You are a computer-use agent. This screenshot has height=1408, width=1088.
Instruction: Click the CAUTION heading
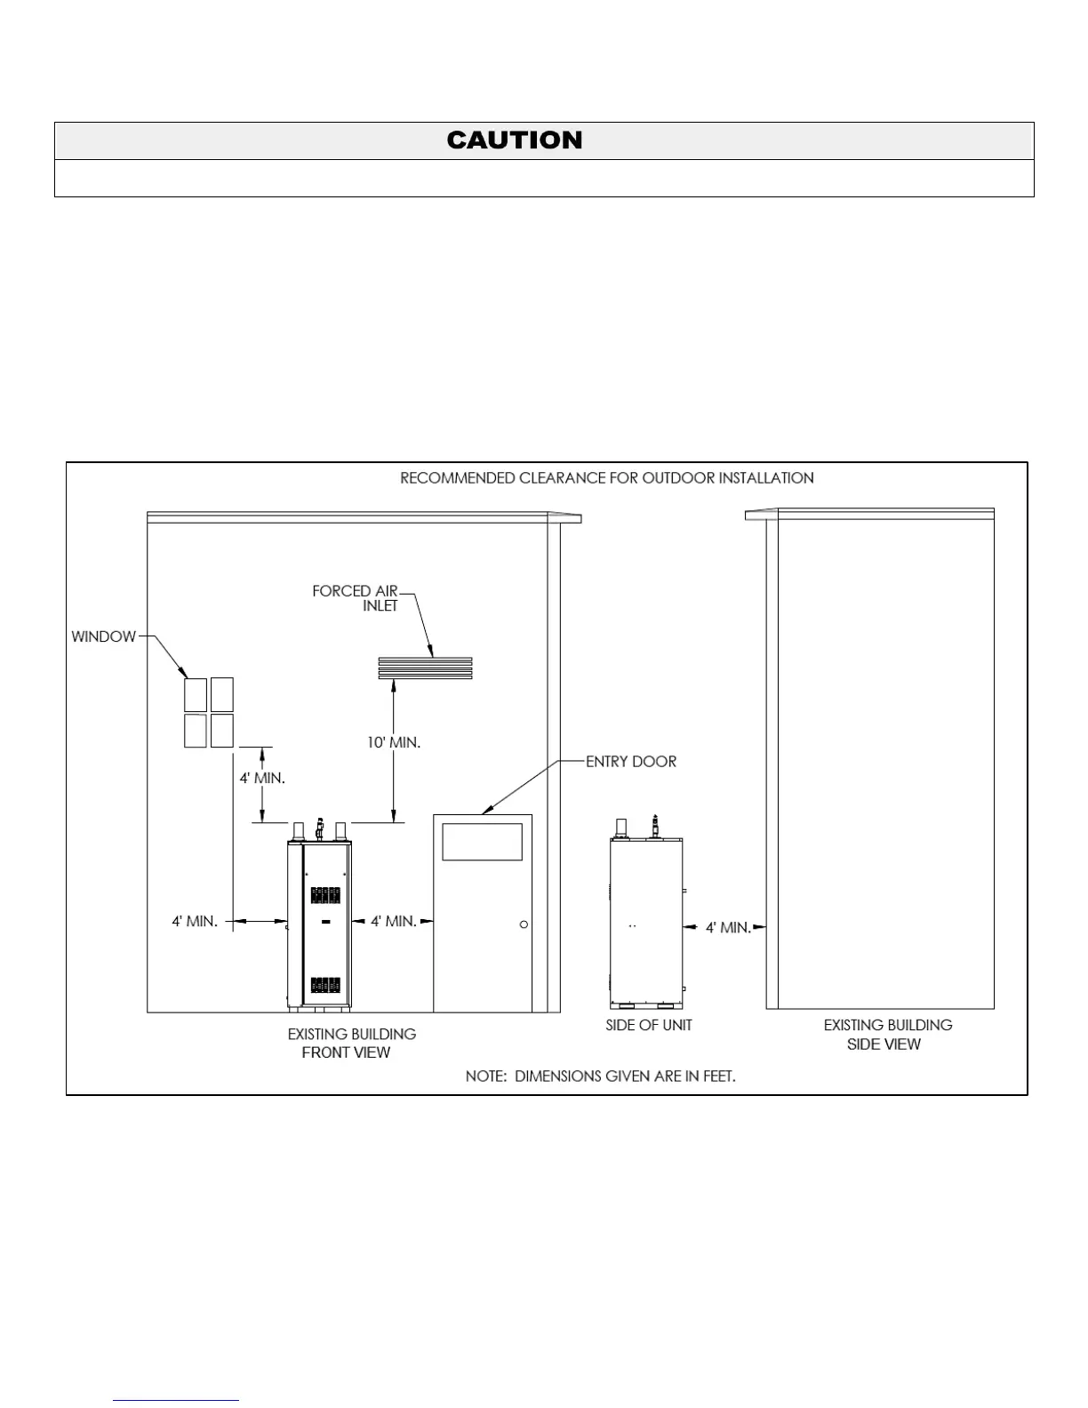pos(515,140)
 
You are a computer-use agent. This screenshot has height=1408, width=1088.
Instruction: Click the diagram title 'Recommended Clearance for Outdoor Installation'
pos(606,478)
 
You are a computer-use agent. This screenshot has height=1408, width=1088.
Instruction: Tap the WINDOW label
pos(104,636)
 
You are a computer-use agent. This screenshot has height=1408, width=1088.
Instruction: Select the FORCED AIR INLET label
pos(356,598)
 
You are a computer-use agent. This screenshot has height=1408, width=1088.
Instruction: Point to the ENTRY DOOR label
pos(631,762)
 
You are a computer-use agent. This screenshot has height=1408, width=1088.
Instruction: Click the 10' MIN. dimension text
pos(394,742)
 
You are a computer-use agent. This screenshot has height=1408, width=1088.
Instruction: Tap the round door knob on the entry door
pos(524,924)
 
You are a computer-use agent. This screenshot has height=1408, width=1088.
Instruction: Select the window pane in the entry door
pos(482,842)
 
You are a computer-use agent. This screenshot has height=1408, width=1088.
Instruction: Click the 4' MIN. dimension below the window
pos(262,778)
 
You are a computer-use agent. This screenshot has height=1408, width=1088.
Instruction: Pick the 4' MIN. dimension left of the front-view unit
pos(195,921)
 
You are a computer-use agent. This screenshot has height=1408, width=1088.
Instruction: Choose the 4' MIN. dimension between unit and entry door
pos(394,921)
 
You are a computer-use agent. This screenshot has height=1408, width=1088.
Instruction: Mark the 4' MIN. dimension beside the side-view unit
pos(728,927)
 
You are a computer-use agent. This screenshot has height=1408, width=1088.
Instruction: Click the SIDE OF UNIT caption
pos(649,1025)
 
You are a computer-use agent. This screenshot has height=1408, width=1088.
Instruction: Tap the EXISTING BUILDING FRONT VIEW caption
pos(351,1043)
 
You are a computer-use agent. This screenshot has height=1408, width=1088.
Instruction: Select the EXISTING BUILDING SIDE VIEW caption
pos(887,1034)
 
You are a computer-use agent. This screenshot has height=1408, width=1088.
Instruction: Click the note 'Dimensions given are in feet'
pos(601,1076)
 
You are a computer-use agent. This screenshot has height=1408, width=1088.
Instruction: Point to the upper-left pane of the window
pos(196,694)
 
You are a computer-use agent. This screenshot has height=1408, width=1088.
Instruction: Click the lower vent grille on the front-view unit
pos(325,984)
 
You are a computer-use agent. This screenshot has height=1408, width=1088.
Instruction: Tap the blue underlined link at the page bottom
pos(176,1400)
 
